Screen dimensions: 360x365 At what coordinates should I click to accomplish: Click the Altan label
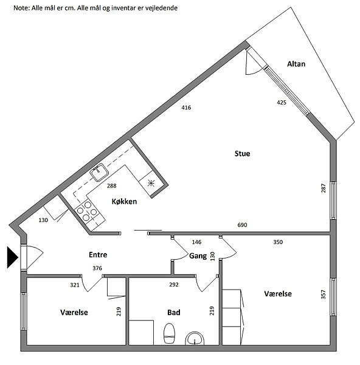pyautogui.click(x=296, y=64)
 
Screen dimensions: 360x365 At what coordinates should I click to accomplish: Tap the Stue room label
pyautogui.click(x=242, y=154)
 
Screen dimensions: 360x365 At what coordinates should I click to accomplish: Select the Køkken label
pyautogui.click(x=124, y=201)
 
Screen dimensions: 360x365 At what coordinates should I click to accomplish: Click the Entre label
pyautogui.click(x=98, y=255)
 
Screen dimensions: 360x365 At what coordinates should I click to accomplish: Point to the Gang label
pyautogui.click(x=198, y=256)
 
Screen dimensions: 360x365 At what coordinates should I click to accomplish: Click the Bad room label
pyautogui.click(x=174, y=313)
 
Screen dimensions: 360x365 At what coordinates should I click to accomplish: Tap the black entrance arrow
pyautogui.click(x=13, y=257)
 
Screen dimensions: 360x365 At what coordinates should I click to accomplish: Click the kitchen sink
pyautogui.click(x=100, y=172)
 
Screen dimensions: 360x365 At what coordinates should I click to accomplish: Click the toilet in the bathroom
pyautogui.click(x=169, y=333)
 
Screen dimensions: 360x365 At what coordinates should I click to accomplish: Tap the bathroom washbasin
pyautogui.click(x=195, y=339)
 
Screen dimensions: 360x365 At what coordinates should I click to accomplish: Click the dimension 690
pyautogui.click(x=242, y=225)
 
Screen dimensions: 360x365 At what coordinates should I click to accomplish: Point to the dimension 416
pyautogui.click(x=186, y=108)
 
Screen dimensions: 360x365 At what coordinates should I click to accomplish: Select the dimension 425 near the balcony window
pyautogui.click(x=282, y=102)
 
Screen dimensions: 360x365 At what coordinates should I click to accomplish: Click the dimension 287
pyautogui.click(x=324, y=188)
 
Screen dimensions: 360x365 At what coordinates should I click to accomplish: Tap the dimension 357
pyautogui.click(x=324, y=294)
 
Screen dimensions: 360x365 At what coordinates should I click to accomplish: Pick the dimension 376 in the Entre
pyautogui.click(x=97, y=268)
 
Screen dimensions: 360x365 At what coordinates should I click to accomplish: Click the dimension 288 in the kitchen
pyautogui.click(x=112, y=186)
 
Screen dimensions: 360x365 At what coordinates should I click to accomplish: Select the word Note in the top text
pyautogui.click(x=21, y=8)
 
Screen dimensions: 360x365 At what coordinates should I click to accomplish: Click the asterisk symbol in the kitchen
pyautogui.click(x=151, y=183)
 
